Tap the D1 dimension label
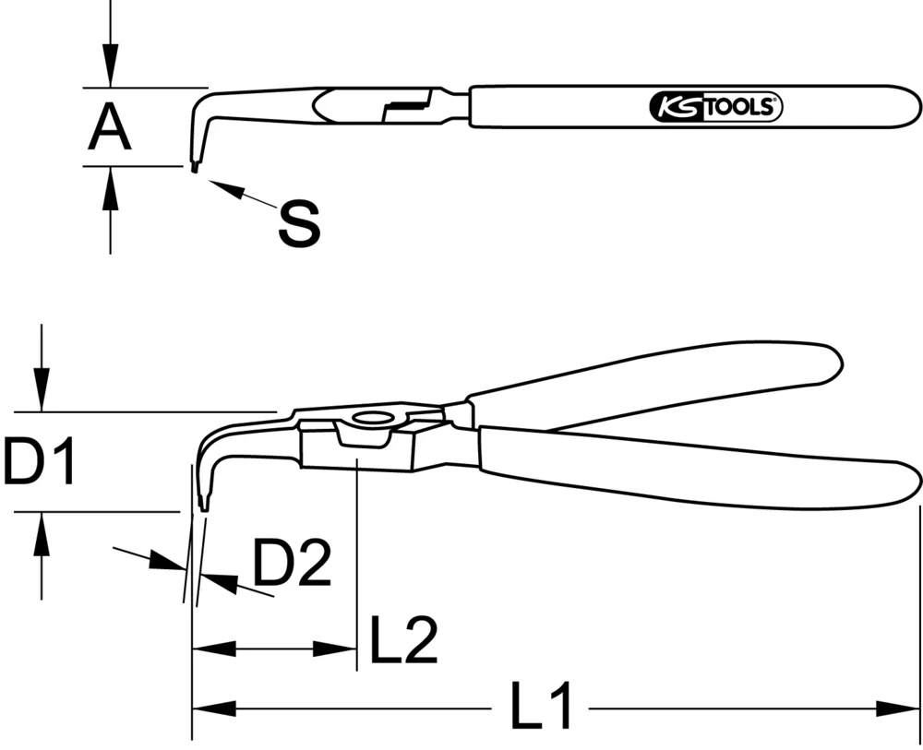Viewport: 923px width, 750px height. point(39,462)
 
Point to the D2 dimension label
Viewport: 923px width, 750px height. point(292,565)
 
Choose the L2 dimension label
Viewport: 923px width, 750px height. point(403,642)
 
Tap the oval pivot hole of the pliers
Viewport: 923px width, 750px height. point(373,419)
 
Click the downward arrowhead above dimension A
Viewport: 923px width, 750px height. point(110,70)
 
